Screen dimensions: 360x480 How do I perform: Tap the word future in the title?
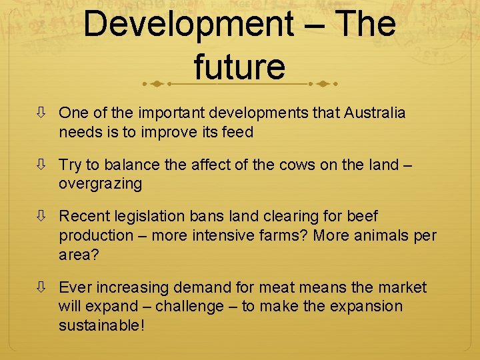click(240, 67)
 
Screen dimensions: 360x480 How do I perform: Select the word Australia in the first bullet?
click(375, 113)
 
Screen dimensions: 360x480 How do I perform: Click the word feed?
click(238, 132)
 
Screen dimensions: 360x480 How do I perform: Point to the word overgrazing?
click(100, 184)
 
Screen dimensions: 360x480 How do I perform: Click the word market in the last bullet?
click(402, 287)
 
